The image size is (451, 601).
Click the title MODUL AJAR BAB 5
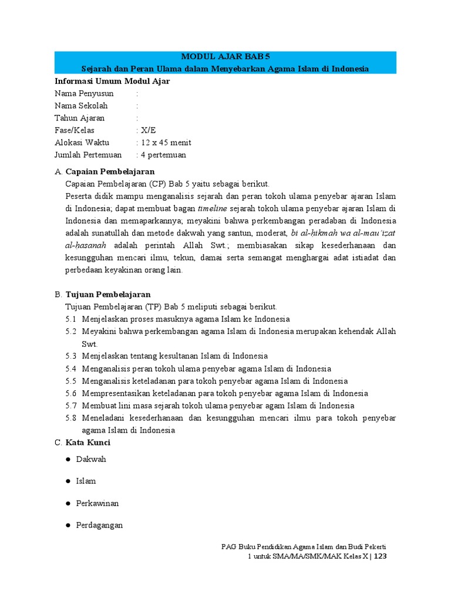click(x=225, y=57)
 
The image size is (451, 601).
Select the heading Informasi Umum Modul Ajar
click(x=112, y=81)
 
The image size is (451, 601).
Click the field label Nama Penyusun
click(x=84, y=93)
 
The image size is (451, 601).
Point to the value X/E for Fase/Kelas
click(x=149, y=130)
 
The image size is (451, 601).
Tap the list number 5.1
click(x=71, y=319)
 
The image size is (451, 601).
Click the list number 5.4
click(x=71, y=369)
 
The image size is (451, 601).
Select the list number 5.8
click(x=71, y=418)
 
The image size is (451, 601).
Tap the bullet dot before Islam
click(x=68, y=481)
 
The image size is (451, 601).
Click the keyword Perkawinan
click(x=97, y=503)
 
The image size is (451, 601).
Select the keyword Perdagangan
click(x=100, y=525)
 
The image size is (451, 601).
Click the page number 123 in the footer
click(x=380, y=556)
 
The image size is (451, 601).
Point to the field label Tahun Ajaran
click(x=80, y=118)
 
